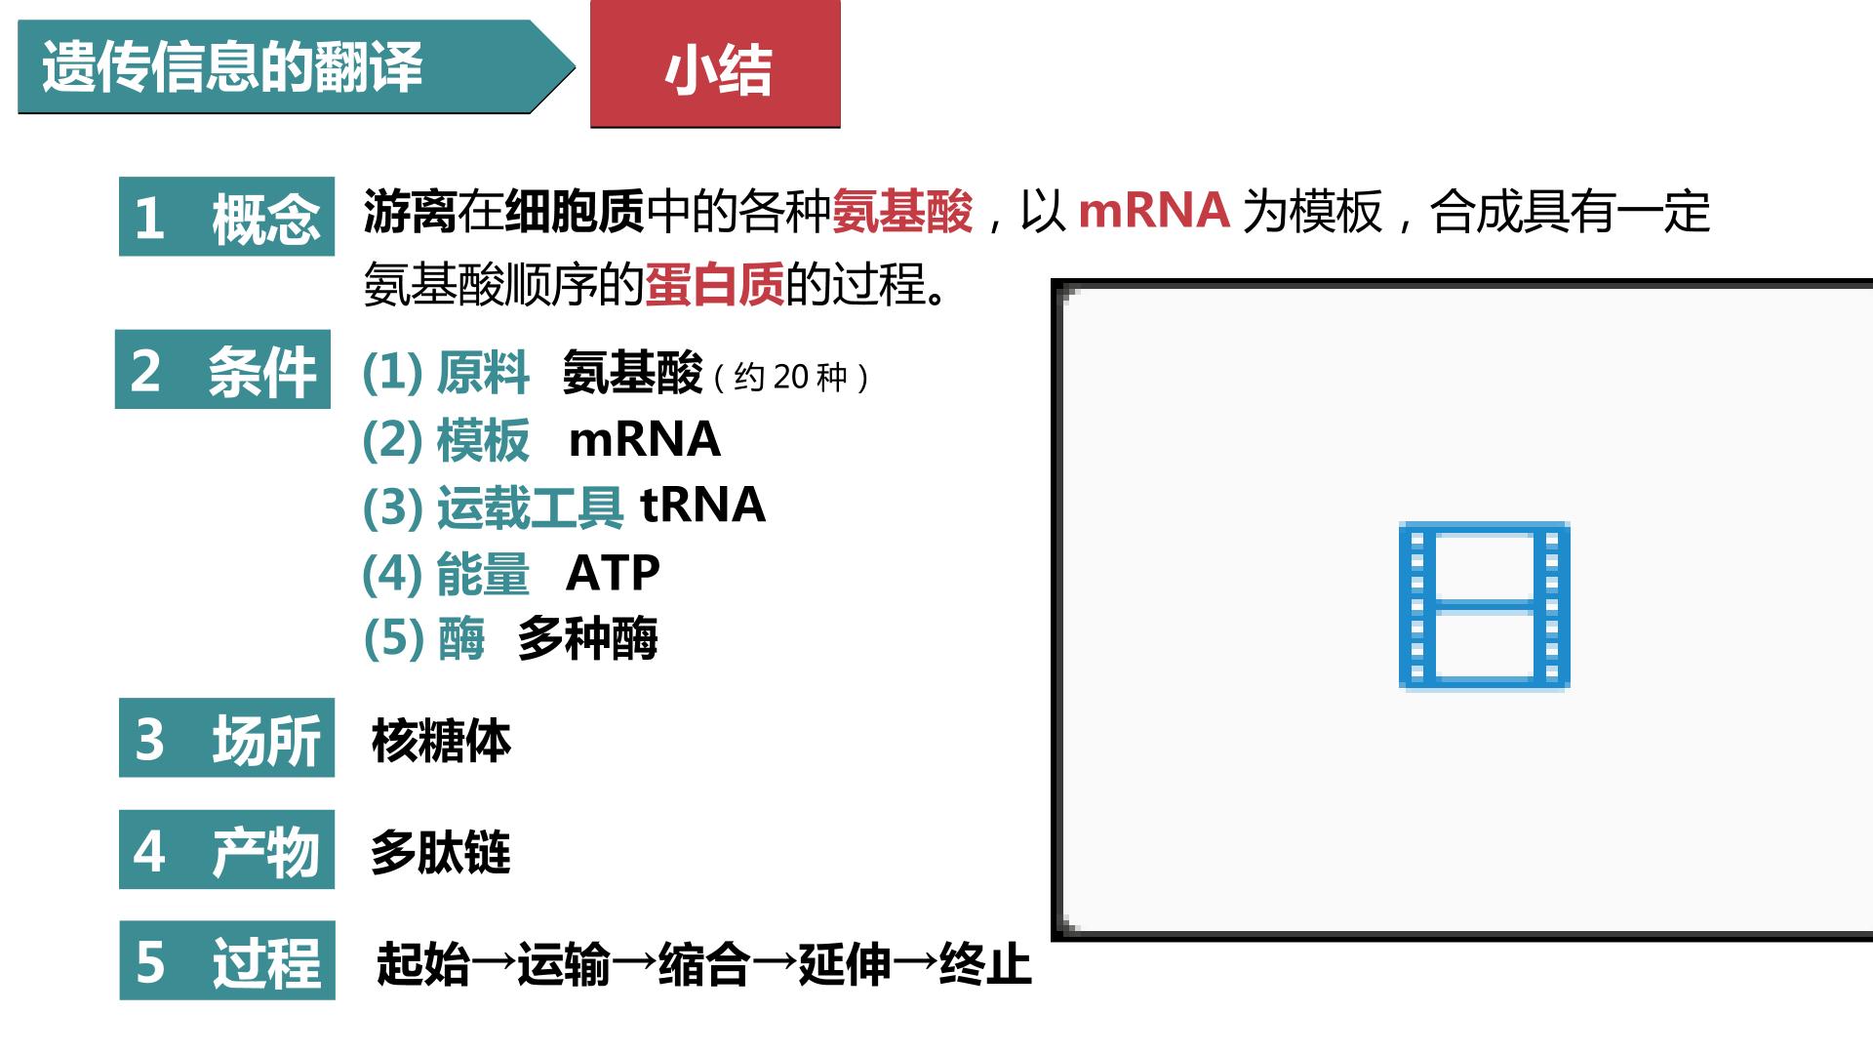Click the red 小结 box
[715, 63]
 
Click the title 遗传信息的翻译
[232, 67]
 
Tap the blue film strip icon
[1484, 605]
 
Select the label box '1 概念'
[226, 217]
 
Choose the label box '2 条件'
[222, 369]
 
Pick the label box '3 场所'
[226, 738]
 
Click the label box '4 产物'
[226, 849]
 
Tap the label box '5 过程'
[227, 960]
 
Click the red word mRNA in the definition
[1154, 210]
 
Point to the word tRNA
[702, 505]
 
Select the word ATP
[613, 573]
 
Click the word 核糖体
[441, 741]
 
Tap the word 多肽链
[441, 852]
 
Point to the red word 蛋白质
[715, 285]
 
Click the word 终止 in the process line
[985, 964]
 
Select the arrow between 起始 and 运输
[494, 964]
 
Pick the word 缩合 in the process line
[704, 964]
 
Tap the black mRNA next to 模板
[645, 439]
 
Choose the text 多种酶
[588, 639]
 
